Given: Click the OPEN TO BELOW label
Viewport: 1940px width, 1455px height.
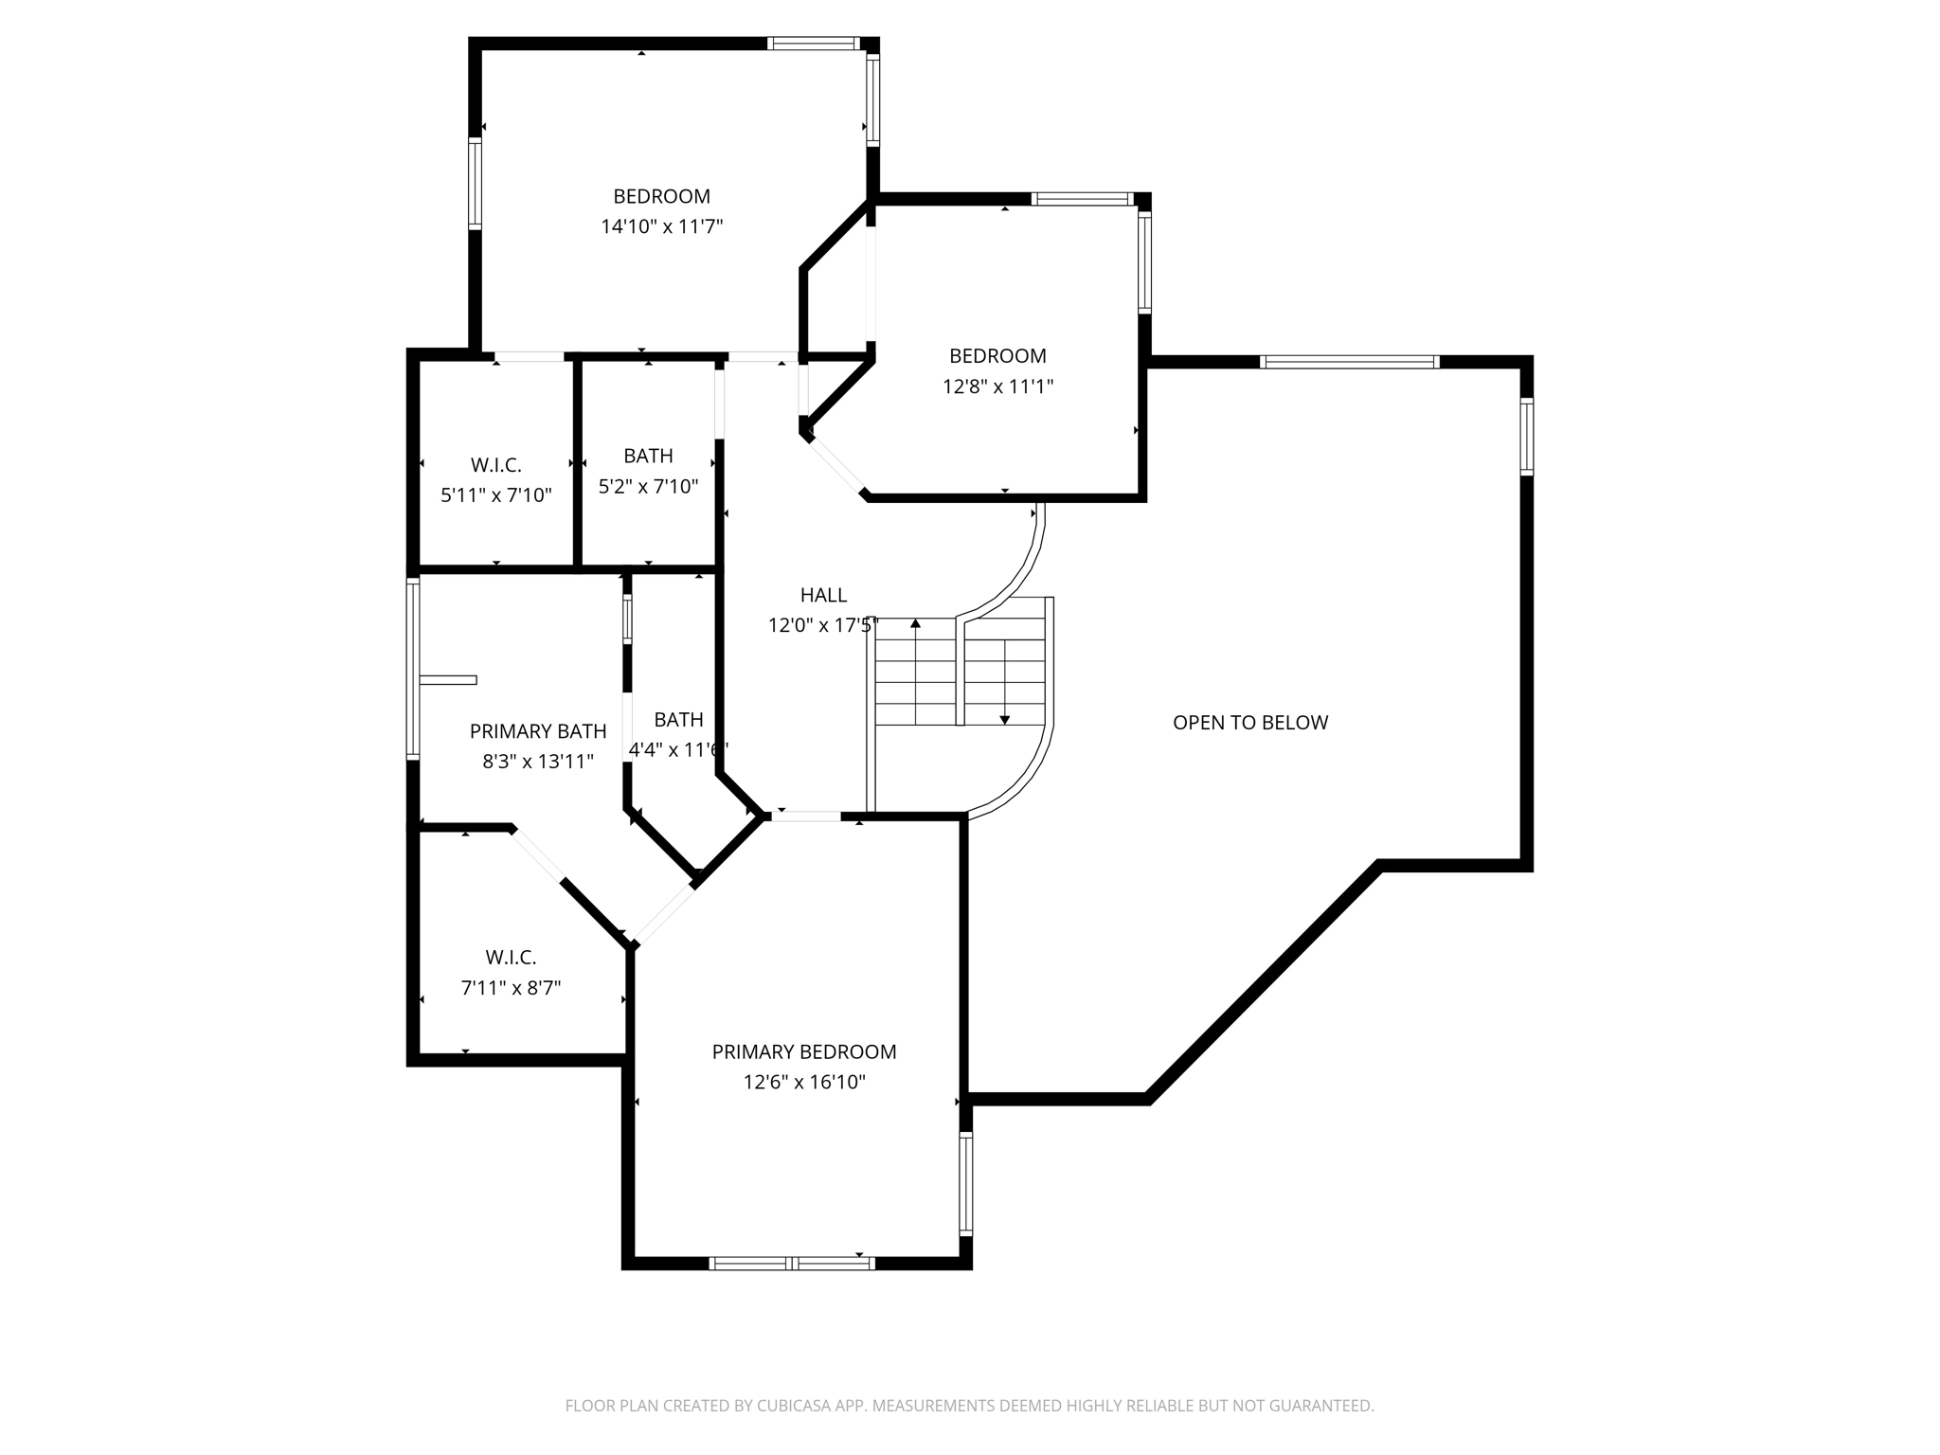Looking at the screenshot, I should tap(1249, 723).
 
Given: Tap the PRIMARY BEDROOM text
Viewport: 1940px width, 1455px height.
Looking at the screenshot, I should tap(803, 1051).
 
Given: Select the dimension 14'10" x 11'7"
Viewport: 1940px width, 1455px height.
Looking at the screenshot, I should tap(661, 226).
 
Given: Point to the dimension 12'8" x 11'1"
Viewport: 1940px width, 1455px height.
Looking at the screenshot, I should tap(997, 386).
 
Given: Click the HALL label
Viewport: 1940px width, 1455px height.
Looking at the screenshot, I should tap(823, 595).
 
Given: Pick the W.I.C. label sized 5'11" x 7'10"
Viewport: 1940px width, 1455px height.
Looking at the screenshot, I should tap(495, 465).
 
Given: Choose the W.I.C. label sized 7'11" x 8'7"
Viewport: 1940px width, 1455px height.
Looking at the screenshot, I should tap(511, 957).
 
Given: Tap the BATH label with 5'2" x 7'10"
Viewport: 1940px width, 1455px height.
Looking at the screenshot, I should tap(648, 456).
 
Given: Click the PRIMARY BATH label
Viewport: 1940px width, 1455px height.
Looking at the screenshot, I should tap(537, 731).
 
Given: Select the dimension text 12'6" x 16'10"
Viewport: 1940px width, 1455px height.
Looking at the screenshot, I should tap(803, 1082).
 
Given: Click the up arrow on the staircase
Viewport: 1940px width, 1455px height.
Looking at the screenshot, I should tap(915, 624).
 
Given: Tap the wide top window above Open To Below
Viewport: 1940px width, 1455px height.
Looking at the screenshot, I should tap(1349, 362).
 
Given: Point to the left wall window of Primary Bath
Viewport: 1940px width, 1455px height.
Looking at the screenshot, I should tap(413, 669).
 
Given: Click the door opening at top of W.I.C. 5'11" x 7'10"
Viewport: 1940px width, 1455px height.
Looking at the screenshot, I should tap(530, 357).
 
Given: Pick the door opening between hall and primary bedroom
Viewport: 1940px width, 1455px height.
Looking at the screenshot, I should tap(804, 816).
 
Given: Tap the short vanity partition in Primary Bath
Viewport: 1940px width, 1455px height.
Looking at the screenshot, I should tap(448, 679).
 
